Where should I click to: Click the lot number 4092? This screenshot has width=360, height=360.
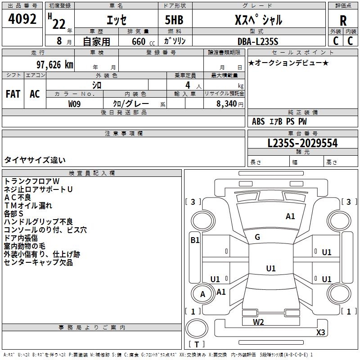[x=22, y=19]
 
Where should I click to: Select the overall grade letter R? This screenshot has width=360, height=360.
[x=343, y=21]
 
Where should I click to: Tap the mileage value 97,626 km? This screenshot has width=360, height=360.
[x=55, y=65]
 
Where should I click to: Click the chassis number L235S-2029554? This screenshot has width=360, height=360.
[x=302, y=143]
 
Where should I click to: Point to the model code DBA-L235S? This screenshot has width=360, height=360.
[x=258, y=41]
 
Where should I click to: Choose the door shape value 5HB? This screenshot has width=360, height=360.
[x=174, y=20]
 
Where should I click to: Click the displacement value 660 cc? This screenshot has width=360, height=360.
[x=143, y=41]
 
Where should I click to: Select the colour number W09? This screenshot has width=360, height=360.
[x=74, y=104]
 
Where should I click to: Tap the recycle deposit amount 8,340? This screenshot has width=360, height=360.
[x=226, y=103]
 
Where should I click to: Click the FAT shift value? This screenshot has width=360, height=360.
[x=13, y=94]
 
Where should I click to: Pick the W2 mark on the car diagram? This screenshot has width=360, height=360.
[x=258, y=322]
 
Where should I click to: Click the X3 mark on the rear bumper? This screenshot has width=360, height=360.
[x=320, y=332]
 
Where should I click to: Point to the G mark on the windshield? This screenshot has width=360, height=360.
[x=257, y=237]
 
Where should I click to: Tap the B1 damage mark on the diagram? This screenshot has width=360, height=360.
[x=195, y=240]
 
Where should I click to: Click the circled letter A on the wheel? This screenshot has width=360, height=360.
[x=202, y=294]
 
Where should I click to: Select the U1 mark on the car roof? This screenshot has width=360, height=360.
[x=271, y=268]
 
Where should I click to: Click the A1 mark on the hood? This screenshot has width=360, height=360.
[x=290, y=216]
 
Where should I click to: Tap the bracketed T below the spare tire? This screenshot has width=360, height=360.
[x=197, y=344]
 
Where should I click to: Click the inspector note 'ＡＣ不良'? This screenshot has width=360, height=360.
[x=18, y=197]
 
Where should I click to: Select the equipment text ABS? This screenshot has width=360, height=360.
[x=258, y=121]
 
